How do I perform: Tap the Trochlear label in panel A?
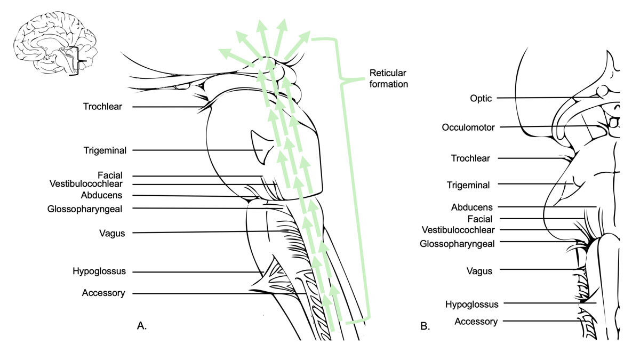(103, 107)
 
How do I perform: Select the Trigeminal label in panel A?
(105, 150)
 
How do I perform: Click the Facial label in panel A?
(110, 175)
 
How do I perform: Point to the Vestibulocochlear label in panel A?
(86, 184)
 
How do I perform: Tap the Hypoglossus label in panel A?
(99, 271)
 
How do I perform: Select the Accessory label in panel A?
(103, 293)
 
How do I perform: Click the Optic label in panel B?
(481, 98)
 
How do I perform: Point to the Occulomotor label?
(468, 127)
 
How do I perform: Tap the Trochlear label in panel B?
(470, 158)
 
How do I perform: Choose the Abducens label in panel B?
(472, 207)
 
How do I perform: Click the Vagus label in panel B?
(479, 271)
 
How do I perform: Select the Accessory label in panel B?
(476, 321)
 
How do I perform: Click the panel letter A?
(142, 325)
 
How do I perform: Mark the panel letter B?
(425, 326)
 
